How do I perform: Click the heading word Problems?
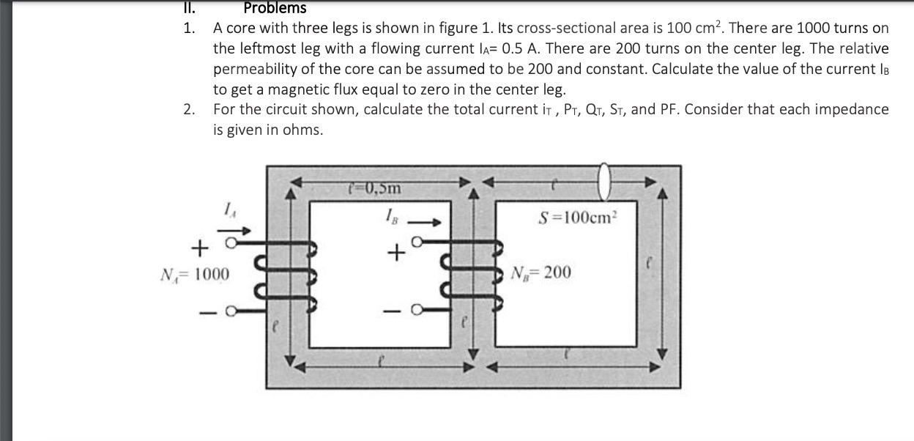[x=275, y=8]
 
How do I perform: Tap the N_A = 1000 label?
[x=194, y=275]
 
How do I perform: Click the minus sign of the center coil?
[x=396, y=311]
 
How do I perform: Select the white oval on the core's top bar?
[x=604, y=180]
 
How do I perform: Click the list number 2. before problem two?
[x=190, y=110]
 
